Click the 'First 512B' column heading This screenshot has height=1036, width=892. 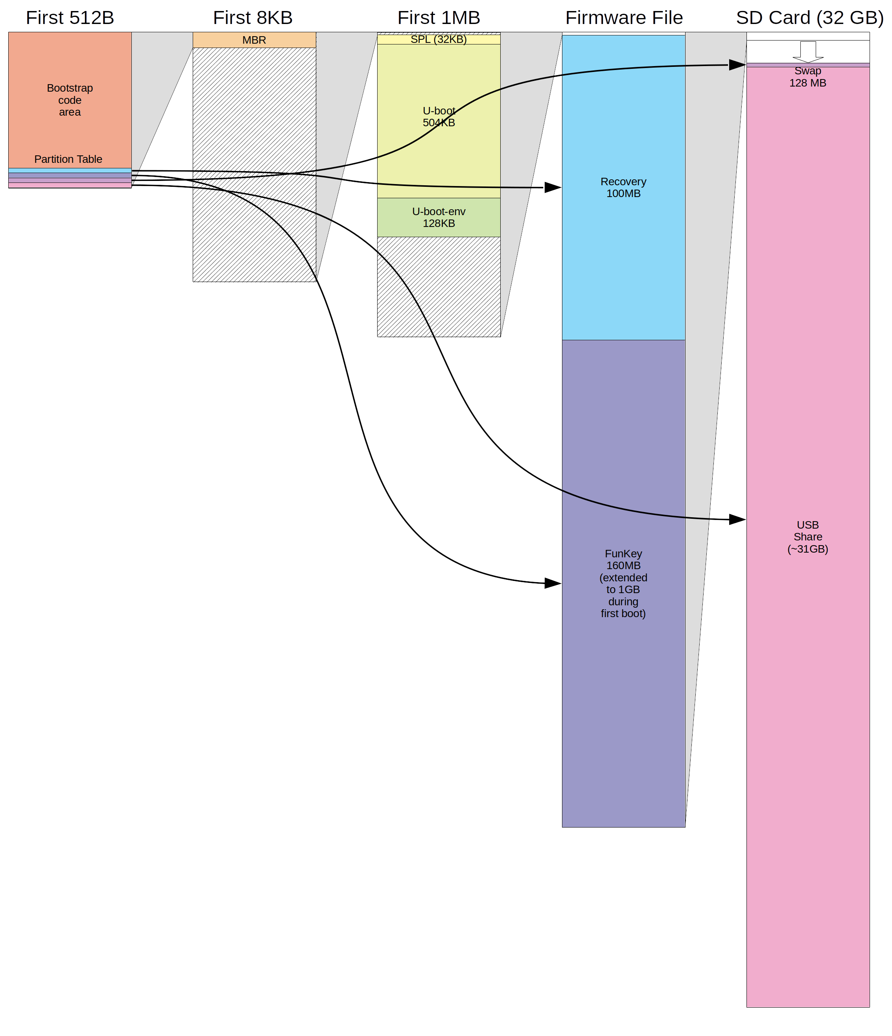point(70,17)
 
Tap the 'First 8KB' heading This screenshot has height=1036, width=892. point(252,17)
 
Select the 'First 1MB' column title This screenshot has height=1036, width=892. point(439,17)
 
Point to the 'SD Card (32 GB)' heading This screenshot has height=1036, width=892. point(809,17)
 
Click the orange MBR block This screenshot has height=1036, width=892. point(254,40)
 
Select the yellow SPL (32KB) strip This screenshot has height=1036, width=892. point(439,39)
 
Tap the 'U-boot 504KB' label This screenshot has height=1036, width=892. point(439,116)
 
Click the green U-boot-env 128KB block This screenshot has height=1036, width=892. point(439,218)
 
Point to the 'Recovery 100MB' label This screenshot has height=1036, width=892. point(623,188)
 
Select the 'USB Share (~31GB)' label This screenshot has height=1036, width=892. point(807,536)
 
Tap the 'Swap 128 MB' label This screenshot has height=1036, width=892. point(807,77)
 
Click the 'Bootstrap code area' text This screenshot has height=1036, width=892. point(70,100)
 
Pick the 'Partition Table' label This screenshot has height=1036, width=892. point(68,159)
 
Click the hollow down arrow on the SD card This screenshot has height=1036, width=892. point(807,52)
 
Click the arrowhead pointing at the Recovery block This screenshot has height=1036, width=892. point(553,188)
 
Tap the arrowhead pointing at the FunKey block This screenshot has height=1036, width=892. point(553,583)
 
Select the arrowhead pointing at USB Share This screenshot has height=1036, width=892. point(737,520)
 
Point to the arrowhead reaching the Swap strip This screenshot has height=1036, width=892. point(737,65)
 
